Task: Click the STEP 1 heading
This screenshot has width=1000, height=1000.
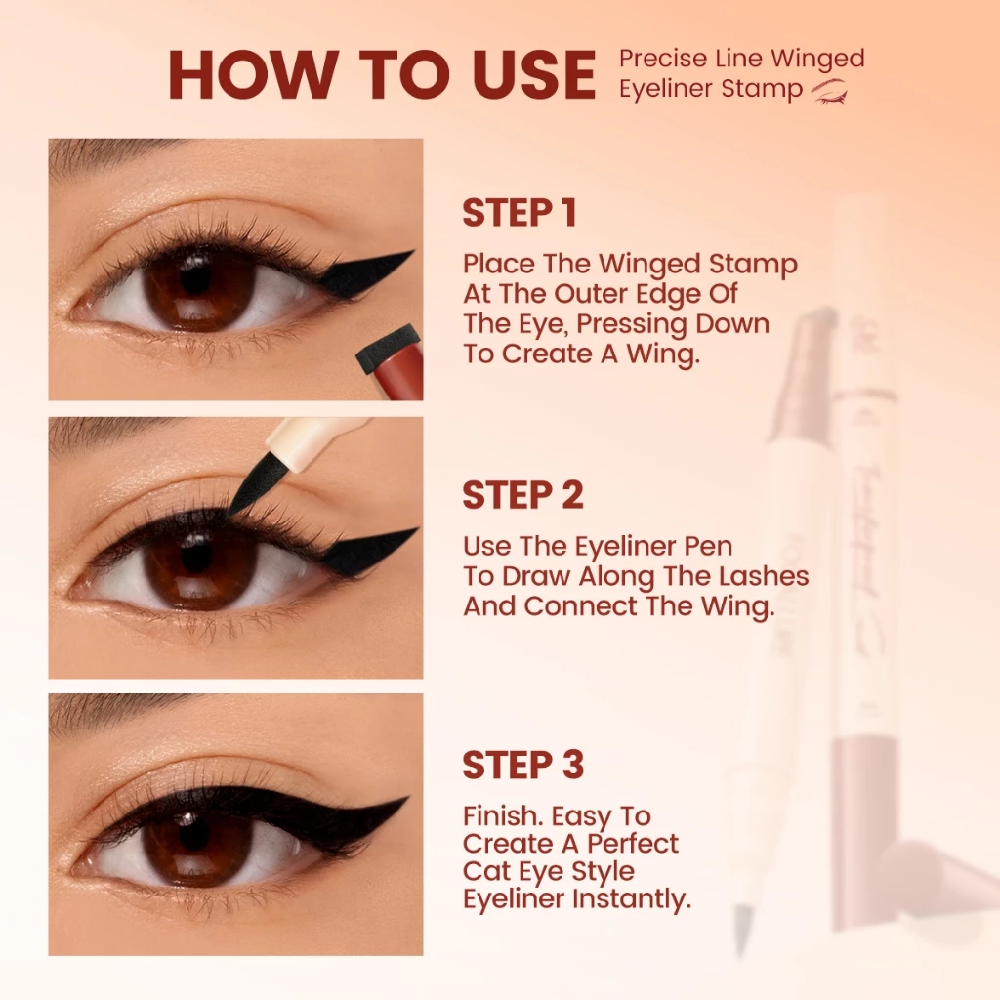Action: [520, 214]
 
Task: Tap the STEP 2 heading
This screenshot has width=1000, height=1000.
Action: [522, 495]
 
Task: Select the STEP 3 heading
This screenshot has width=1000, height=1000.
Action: [522, 766]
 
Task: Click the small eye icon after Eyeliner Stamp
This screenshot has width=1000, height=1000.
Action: [830, 92]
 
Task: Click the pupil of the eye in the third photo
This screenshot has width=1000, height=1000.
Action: [194, 835]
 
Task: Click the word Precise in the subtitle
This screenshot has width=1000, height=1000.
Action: [653, 59]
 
